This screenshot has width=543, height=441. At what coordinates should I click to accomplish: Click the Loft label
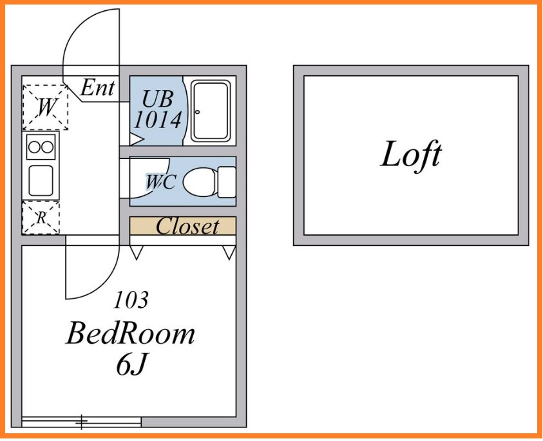click(411, 155)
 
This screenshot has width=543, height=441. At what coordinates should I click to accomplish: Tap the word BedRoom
click(130, 334)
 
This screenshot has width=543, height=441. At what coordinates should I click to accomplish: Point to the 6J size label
click(132, 365)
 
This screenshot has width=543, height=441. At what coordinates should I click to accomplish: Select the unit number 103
click(131, 300)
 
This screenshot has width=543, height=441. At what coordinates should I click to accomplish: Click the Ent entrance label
click(98, 88)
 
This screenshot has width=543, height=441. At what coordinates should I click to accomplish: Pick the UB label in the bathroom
click(158, 99)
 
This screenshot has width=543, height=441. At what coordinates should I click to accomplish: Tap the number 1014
click(158, 120)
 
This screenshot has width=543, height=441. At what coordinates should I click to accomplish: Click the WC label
click(160, 182)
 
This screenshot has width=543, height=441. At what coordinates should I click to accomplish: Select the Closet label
click(187, 227)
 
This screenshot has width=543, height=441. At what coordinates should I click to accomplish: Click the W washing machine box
click(45, 107)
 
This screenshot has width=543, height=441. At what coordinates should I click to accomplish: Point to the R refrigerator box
click(41, 218)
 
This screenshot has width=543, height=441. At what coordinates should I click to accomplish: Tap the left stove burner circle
click(34, 147)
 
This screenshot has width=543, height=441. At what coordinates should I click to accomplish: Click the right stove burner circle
click(48, 147)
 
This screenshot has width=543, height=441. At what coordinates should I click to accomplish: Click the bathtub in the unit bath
click(211, 110)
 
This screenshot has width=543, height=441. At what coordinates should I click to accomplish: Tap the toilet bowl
click(200, 182)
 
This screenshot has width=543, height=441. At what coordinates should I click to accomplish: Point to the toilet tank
click(227, 182)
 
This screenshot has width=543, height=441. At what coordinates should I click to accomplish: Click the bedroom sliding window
click(82, 422)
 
